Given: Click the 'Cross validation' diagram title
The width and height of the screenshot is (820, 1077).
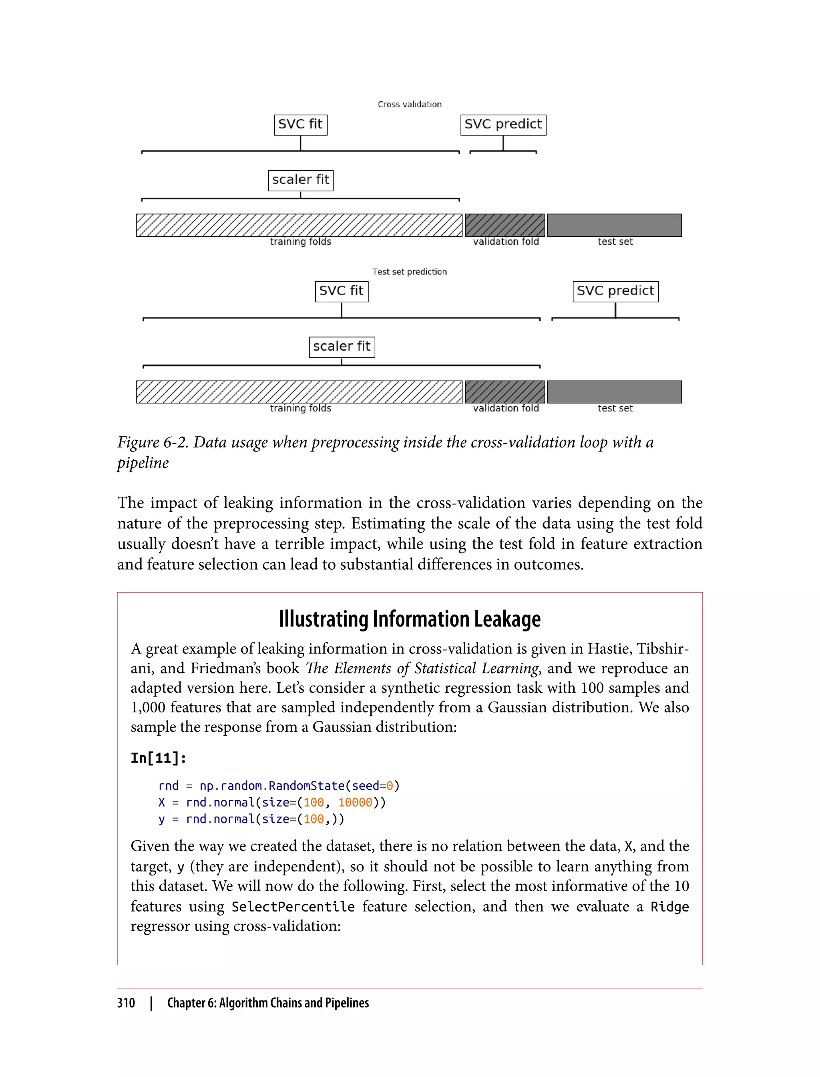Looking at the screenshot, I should pos(410,104).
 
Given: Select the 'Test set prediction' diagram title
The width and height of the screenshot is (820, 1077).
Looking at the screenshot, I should pos(410,272).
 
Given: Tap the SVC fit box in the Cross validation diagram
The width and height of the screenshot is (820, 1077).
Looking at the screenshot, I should pos(300,125).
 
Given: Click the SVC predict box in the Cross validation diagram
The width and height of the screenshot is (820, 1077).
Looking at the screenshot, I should pos(503,125).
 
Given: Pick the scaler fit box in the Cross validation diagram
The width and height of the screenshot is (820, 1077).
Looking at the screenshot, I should pos(301,180).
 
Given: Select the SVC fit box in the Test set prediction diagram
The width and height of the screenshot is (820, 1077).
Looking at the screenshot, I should pos(341,291).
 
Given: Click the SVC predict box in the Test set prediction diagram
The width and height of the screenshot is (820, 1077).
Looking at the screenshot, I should pos(615,291).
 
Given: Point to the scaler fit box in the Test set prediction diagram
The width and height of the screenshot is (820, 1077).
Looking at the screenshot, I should pos(342,347).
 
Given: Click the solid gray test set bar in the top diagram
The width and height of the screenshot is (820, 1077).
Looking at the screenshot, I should pos(614,225).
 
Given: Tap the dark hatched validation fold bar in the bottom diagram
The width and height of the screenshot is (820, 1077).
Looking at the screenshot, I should pos(504,392).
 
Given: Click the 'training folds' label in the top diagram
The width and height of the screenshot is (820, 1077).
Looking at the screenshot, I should pos(301,242).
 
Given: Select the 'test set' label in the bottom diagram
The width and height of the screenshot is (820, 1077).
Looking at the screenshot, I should pos(615,408).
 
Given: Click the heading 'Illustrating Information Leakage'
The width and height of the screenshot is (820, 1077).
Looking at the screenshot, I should pos(410,619).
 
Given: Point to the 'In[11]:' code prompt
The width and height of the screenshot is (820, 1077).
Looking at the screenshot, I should pos(158,758).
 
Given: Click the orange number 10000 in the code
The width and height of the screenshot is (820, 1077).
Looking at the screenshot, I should pos(355,803).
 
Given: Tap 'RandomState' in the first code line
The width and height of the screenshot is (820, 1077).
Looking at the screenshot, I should pos(307,786).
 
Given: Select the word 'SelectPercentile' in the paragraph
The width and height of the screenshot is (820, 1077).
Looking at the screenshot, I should pos(293,907).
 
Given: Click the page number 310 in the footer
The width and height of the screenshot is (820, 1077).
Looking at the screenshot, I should pos(126,1003).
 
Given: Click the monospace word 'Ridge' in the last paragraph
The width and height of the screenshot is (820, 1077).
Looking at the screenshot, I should pos(669,907).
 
